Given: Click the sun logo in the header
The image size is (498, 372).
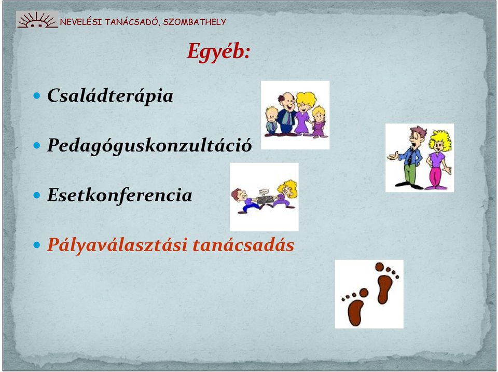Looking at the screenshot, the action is (x=37, y=20).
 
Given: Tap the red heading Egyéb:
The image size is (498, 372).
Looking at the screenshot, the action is (x=218, y=52).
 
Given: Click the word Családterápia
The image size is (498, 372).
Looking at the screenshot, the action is (x=110, y=95).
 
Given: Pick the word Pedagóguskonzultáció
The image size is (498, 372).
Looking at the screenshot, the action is (x=149, y=145).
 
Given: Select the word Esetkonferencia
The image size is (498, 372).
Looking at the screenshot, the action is (x=120, y=195).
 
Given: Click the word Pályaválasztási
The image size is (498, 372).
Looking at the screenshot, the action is (x=117, y=245).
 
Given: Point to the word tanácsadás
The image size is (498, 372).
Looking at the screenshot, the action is (x=243, y=245).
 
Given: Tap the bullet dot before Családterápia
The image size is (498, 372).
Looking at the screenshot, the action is (x=37, y=95).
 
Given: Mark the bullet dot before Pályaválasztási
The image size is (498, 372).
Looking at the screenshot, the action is (x=37, y=245).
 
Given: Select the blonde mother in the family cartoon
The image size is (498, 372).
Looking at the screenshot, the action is (x=304, y=113).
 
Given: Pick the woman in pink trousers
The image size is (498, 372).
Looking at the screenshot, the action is (x=439, y=159).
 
